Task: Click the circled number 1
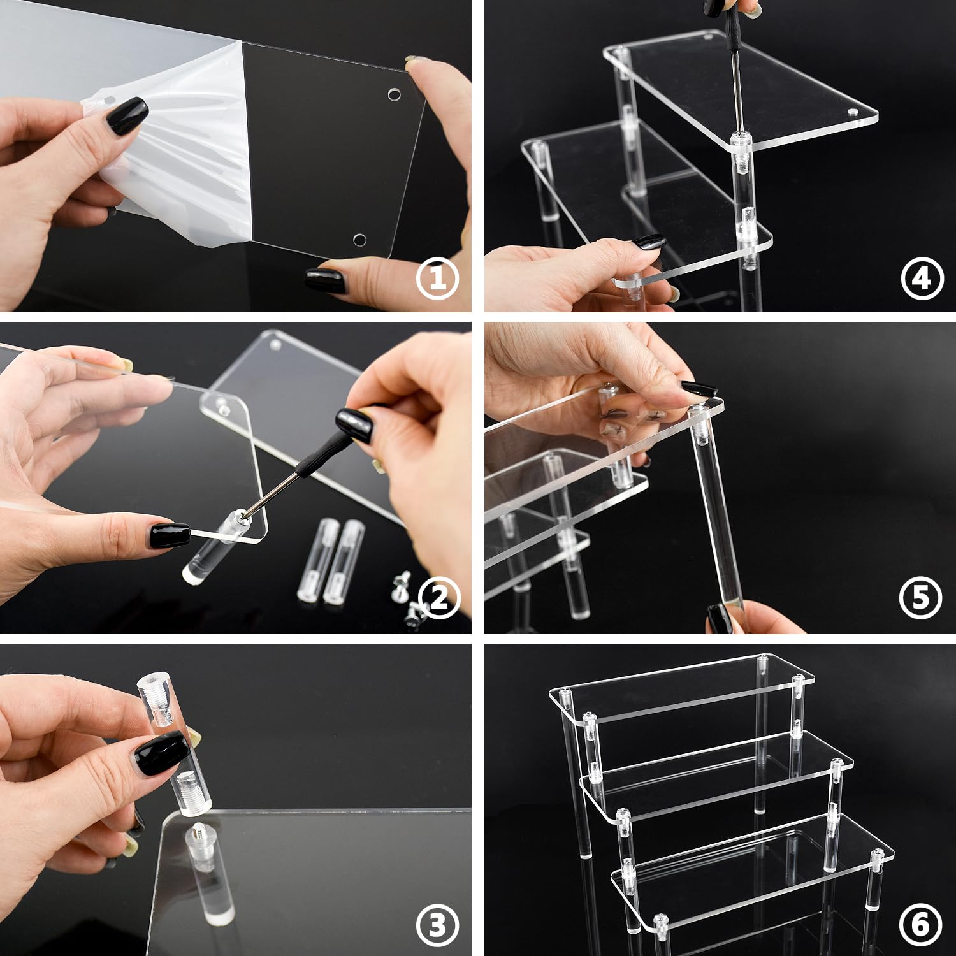pos(437,280)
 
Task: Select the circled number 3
pos(437,925)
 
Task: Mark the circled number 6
pos(921,925)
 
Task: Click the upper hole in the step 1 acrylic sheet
pos(395,95)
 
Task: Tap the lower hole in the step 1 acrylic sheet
pos(359,240)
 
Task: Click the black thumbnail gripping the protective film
pos(127,115)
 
